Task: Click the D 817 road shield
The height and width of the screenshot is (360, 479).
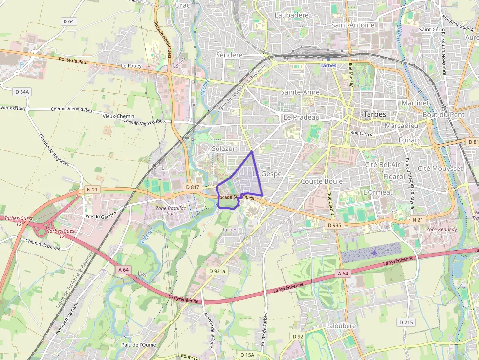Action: point(192,187)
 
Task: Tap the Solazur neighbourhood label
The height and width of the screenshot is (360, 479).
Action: point(224,148)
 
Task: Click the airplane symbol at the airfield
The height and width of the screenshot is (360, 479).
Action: point(374,253)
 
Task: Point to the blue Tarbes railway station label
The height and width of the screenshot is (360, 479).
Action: point(328,65)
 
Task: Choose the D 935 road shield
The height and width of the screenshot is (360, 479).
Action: point(334,225)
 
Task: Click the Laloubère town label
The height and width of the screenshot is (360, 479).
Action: point(341,325)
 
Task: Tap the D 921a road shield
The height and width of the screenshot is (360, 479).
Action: point(217,271)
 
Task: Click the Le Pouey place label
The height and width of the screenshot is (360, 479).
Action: point(131,65)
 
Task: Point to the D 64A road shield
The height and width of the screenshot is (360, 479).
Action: point(22,91)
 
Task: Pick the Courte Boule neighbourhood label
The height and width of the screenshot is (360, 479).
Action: point(322,181)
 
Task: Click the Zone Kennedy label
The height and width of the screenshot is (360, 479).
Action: point(441,229)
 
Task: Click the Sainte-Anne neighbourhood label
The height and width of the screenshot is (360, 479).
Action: point(300,92)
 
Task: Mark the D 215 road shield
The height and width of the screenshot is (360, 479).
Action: point(406,322)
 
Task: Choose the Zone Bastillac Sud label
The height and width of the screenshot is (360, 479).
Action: point(164,211)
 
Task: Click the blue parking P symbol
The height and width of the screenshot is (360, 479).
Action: point(21,64)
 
